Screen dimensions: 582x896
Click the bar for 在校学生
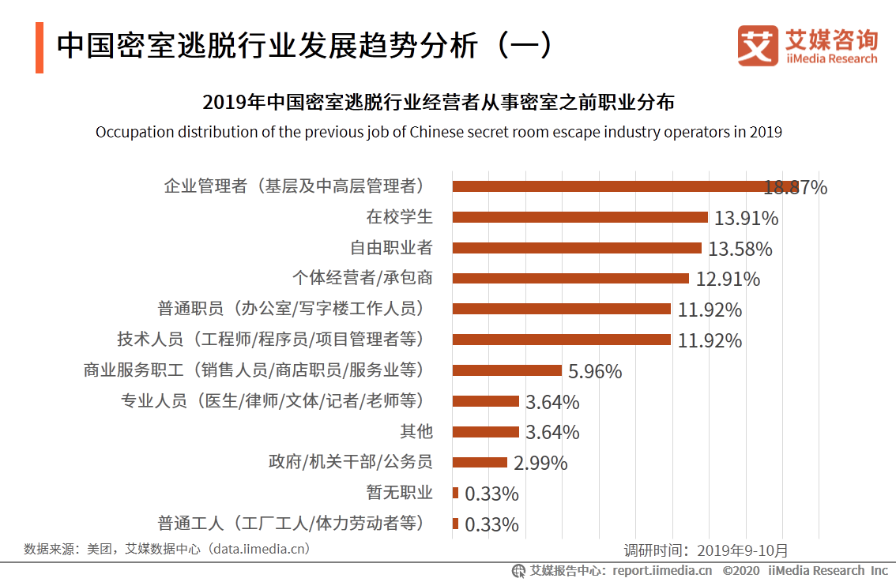coord(579,217)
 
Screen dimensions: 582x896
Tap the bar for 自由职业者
coord(576,248)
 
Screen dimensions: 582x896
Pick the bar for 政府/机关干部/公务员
coord(480,463)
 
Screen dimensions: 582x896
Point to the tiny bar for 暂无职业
coord(455,493)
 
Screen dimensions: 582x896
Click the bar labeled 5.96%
coord(506,370)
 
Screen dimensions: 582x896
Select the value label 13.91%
coord(746,219)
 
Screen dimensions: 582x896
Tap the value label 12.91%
coord(728,280)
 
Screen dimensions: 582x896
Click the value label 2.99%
coord(540,464)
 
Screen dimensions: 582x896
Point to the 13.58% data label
coord(740,250)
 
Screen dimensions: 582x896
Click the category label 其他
coord(416,432)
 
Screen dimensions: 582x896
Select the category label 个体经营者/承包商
coord(362,278)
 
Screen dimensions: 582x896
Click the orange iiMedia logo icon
coord(757,46)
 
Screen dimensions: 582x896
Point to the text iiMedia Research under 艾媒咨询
coord(831,59)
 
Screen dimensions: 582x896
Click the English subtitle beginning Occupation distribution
coord(439,132)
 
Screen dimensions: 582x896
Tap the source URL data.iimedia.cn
coord(257,548)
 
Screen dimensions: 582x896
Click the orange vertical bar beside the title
coord(40,48)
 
